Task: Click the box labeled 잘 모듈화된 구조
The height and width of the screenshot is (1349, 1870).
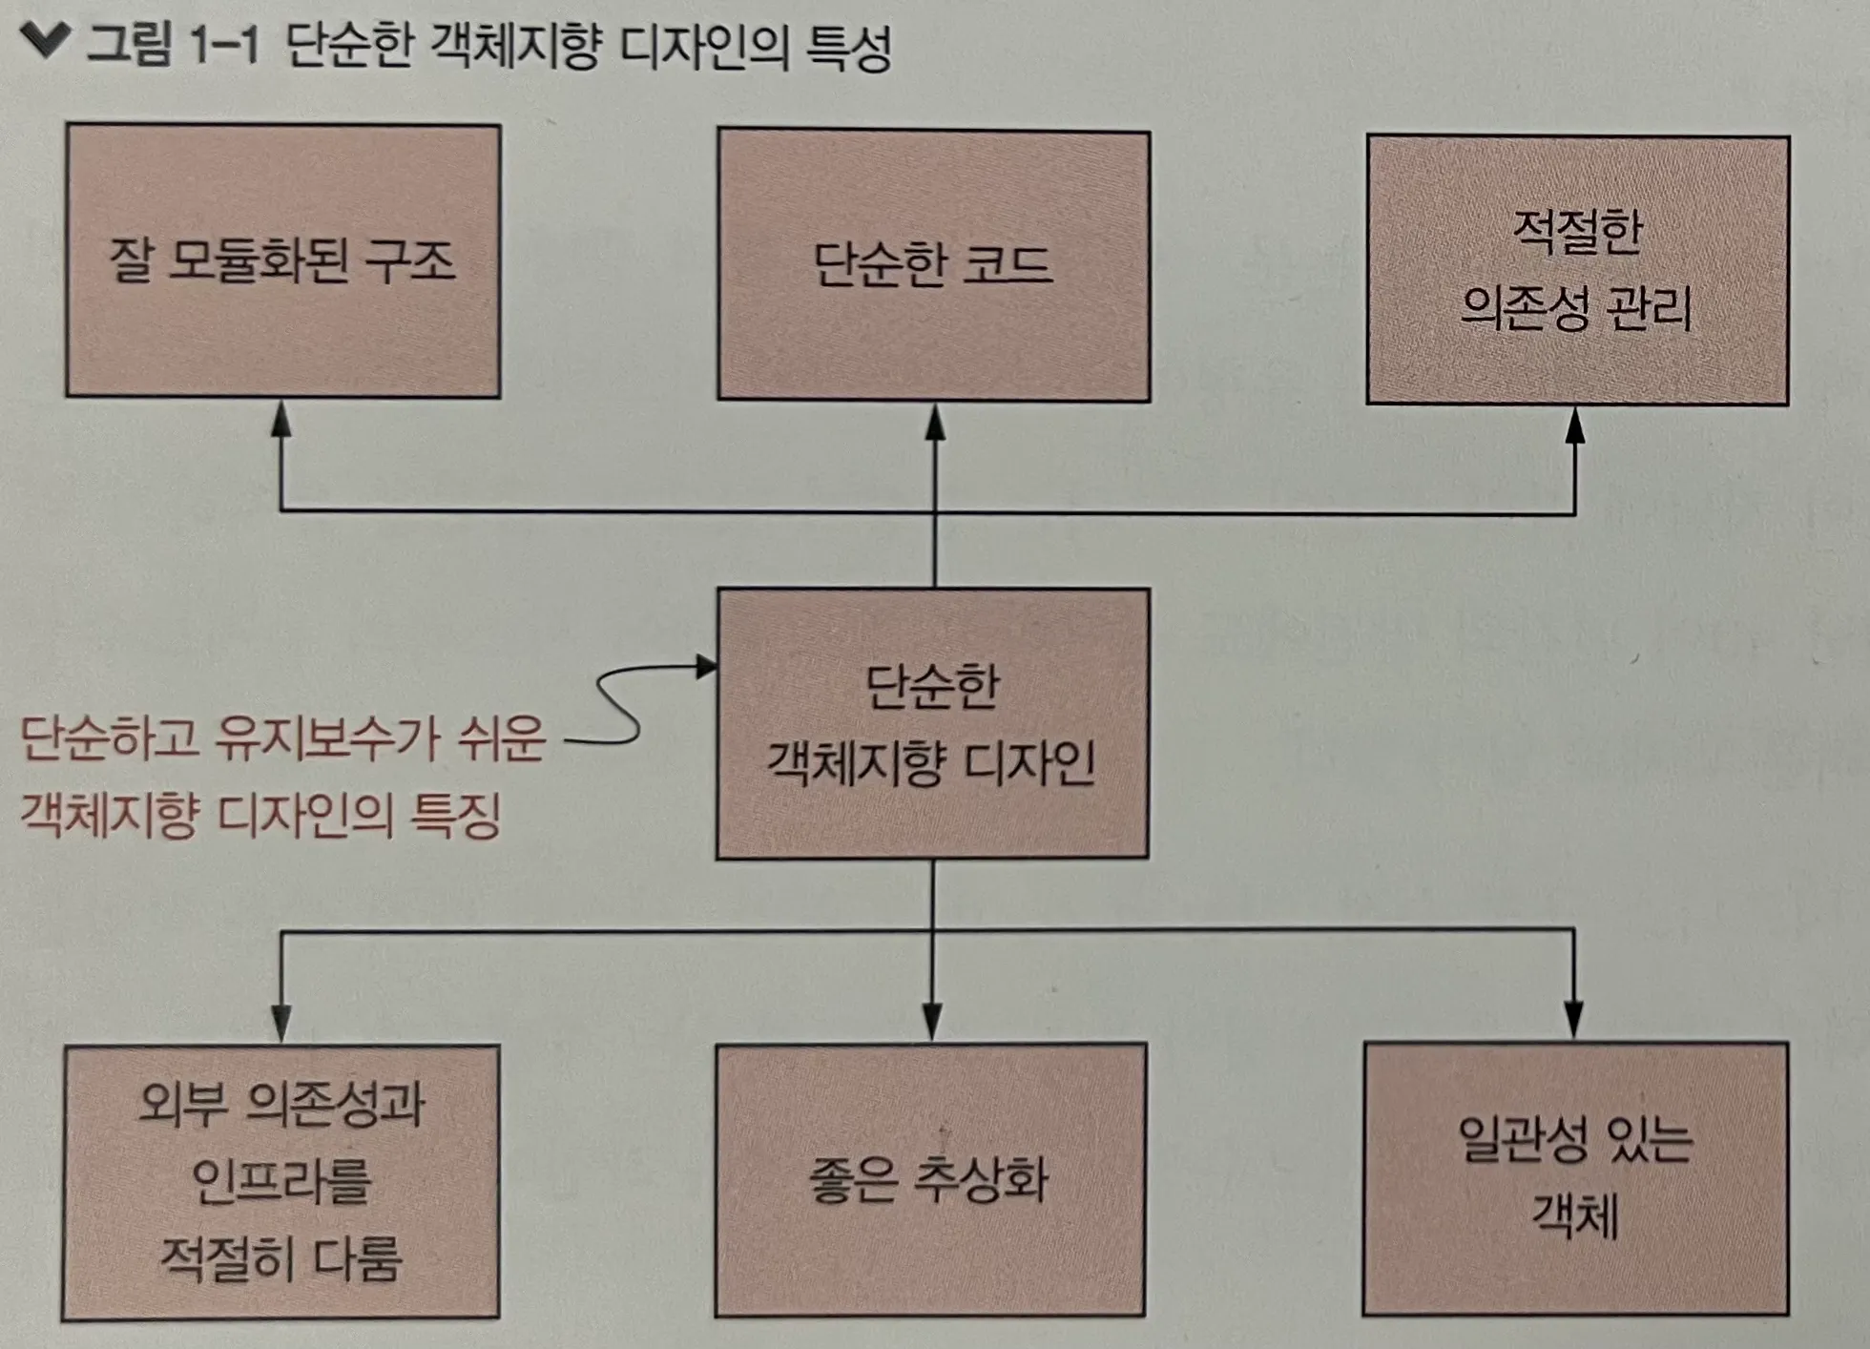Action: click(283, 260)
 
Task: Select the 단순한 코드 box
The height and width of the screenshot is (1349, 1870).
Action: click(933, 265)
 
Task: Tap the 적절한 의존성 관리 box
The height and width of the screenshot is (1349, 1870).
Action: click(1577, 270)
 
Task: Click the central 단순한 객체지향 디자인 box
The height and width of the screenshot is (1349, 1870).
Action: click(932, 723)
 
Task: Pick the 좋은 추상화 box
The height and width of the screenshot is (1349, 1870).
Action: click(930, 1179)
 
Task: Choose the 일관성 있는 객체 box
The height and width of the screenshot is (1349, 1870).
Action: click(1575, 1178)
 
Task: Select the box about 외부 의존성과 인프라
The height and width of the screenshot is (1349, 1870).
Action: click(280, 1182)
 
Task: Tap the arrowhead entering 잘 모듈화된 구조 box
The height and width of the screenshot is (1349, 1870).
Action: click(280, 420)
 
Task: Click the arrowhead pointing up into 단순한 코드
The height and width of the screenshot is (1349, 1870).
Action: click(935, 423)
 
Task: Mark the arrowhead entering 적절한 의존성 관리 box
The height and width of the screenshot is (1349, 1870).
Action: click(1575, 425)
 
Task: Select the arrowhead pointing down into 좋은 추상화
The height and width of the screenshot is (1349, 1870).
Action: click(932, 1022)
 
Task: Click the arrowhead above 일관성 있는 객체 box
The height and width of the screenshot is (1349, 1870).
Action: click(1573, 1020)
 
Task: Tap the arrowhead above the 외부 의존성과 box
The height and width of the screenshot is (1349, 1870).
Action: click(280, 1024)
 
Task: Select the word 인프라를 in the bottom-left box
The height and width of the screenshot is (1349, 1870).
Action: click(280, 1181)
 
